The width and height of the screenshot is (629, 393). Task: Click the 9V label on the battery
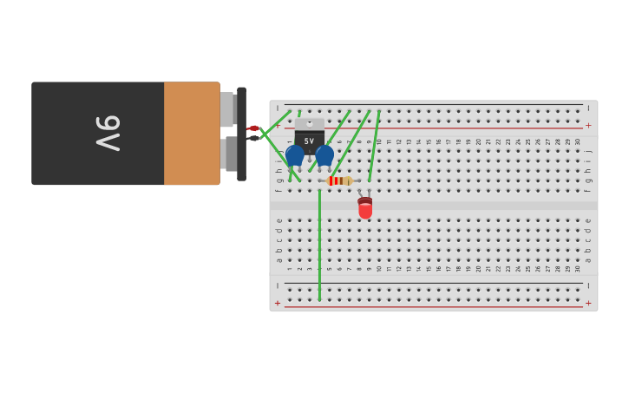coord(108,133)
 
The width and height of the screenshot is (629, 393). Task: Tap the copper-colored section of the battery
coord(192,133)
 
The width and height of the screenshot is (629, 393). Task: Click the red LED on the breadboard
coord(365,208)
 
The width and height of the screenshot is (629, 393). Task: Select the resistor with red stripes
coord(339,180)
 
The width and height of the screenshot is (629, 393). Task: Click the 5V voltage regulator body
coord(310,140)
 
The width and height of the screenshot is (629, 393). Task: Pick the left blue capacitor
coord(295,155)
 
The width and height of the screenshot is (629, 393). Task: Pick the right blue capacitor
coord(324,155)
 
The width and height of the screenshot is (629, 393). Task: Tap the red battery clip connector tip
coord(253,128)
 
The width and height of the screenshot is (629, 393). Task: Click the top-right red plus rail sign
coord(588,126)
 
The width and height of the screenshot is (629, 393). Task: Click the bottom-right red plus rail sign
coord(588,303)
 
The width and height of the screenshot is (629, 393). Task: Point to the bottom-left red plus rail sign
coord(278,303)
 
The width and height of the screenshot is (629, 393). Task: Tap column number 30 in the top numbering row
coord(578,141)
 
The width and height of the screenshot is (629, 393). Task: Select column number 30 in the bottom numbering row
coord(578,269)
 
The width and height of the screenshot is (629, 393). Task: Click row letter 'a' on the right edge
coord(588,259)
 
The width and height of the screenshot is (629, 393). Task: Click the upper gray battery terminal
coord(227,109)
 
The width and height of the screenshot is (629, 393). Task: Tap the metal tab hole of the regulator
coord(310,123)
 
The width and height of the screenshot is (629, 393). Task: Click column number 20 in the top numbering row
coord(478,141)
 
